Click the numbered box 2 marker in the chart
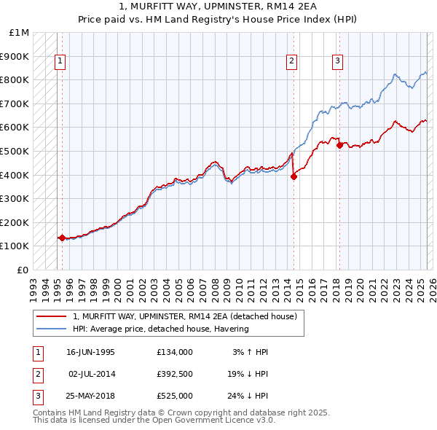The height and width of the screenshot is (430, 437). click(x=291, y=62)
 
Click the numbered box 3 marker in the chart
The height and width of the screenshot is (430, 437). click(x=338, y=62)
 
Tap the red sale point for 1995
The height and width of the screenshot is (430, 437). click(x=62, y=238)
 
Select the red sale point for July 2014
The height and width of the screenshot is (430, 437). click(x=294, y=176)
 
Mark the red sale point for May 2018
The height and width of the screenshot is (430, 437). click(x=339, y=144)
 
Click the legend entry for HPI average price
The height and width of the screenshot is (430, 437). click(x=161, y=329)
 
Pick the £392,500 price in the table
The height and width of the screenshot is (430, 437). click(x=174, y=374)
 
